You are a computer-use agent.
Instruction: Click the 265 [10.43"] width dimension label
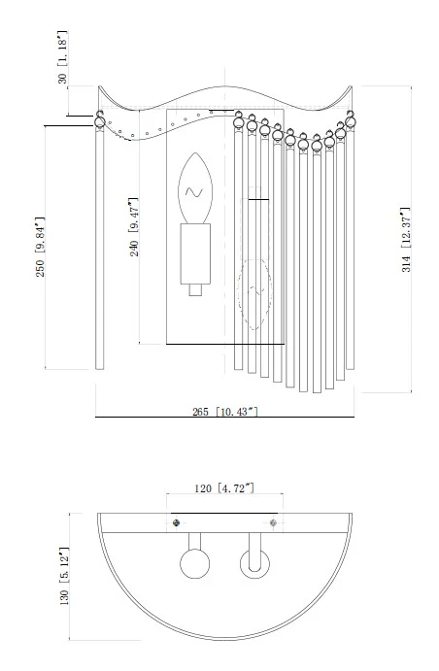tap(225, 412)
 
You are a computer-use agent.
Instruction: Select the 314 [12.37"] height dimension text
tap(406, 240)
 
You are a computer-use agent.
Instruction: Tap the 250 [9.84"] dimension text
tap(40, 247)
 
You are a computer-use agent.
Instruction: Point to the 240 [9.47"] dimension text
tap(134, 227)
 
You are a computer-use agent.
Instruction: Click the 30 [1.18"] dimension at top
tap(62, 57)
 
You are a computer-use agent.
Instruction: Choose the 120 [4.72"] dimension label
tap(224, 488)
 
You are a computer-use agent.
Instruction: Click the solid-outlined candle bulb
tap(195, 188)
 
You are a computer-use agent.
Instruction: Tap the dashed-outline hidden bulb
tap(254, 295)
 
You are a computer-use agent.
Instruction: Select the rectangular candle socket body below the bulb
tap(195, 253)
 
